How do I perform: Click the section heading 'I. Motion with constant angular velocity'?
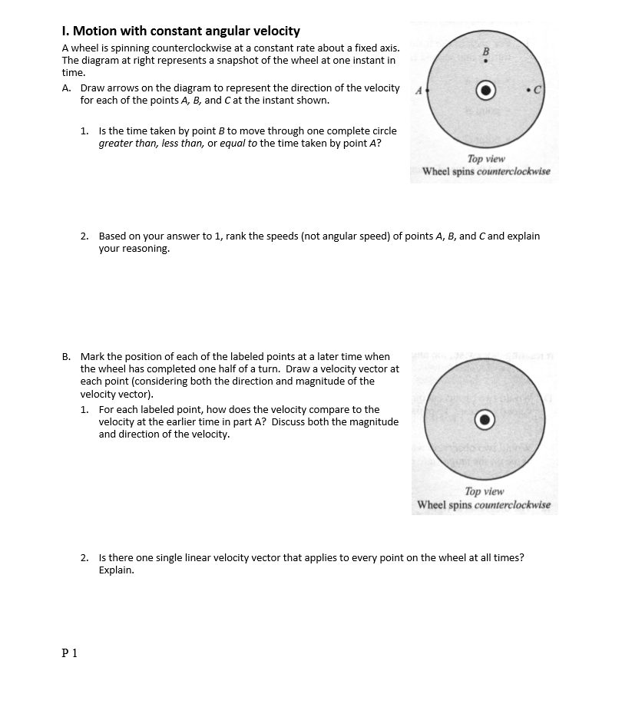tap(180, 31)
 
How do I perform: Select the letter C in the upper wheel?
tap(538, 89)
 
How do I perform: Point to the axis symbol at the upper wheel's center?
tap(485, 89)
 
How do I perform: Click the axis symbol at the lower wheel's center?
tap(485, 419)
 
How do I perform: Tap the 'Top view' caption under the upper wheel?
tap(485, 159)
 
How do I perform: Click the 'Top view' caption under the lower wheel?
tap(485, 491)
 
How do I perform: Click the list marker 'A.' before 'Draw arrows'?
tap(67, 88)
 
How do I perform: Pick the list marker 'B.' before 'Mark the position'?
tap(67, 357)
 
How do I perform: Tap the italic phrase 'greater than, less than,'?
tap(151, 144)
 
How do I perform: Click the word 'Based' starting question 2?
tap(112, 236)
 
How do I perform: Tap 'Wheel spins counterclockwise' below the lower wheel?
tap(484, 505)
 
